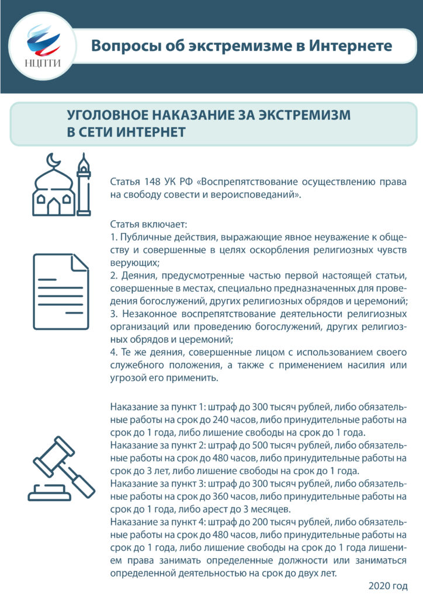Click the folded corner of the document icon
pyautogui.click(x=79, y=263)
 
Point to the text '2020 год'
pyautogui.click(x=387, y=585)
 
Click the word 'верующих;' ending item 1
pyautogui.click(x=131, y=263)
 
